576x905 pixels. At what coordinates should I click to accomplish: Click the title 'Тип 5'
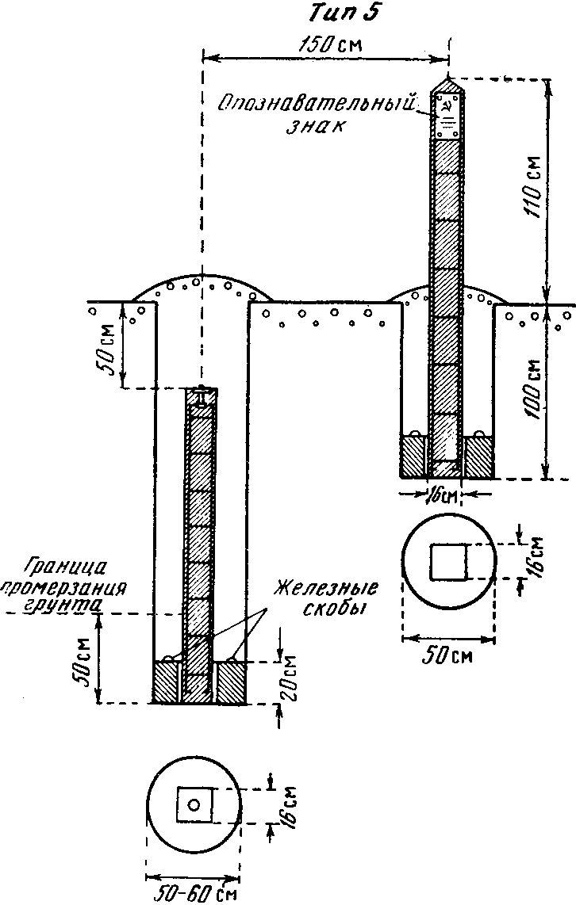(x=344, y=13)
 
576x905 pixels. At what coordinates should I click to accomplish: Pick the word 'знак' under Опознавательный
(x=316, y=126)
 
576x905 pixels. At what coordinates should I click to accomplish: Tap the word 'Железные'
(x=325, y=590)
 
